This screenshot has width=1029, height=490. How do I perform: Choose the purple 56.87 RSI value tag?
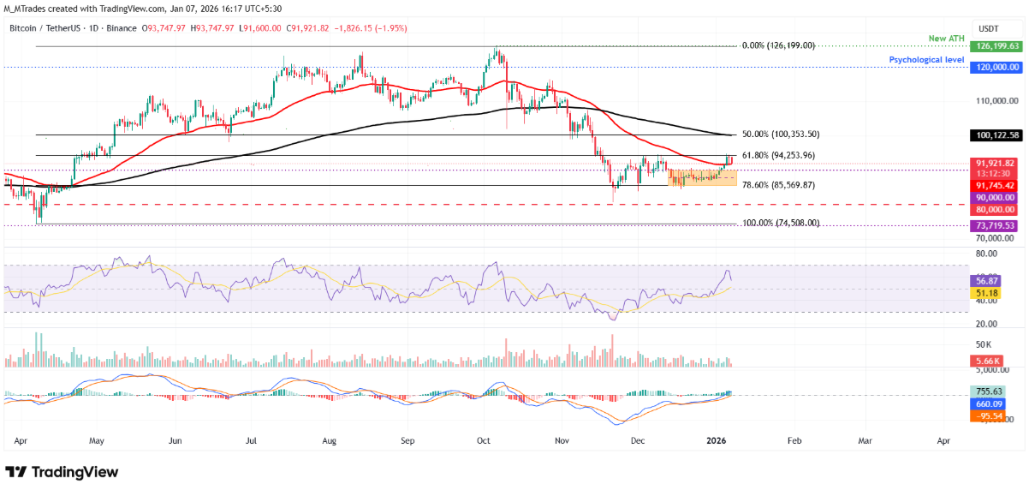pos(985,280)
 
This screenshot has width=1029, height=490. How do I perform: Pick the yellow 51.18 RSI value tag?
pos(985,293)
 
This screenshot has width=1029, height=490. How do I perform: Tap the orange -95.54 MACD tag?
pos(987,416)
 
